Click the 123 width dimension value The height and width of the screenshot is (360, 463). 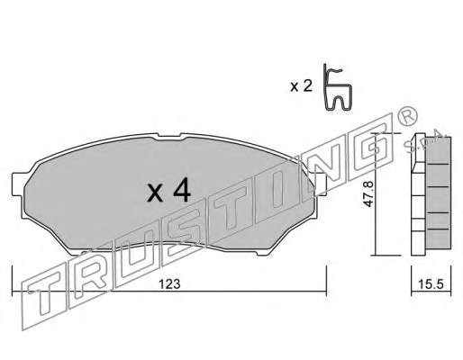[x=169, y=284]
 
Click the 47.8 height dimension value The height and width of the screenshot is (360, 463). [x=368, y=193]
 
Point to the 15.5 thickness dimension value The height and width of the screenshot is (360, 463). [x=431, y=284]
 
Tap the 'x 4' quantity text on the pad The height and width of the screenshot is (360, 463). [x=168, y=190]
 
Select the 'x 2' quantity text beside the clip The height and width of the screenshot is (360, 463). [x=301, y=86]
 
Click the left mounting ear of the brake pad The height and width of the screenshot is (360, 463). [x=18, y=184]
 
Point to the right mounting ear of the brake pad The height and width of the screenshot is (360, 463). [x=320, y=184]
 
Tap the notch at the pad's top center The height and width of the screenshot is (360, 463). [x=168, y=136]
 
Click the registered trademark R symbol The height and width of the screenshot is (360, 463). [x=407, y=116]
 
